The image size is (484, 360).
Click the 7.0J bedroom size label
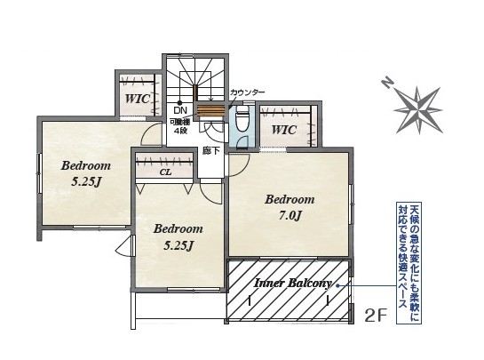click(x=290, y=215)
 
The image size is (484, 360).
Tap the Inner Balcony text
click(x=293, y=283)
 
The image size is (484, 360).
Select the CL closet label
click(x=165, y=172)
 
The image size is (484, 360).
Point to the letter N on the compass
click(x=387, y=83)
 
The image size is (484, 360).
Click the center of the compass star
click(x=418, y=109)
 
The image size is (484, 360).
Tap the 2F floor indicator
click(x=376, y=316)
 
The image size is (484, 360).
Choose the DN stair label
click(x=180, y=110)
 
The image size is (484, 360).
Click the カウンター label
click(x=248, y=92)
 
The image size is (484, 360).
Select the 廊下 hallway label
click(x=211, y=151)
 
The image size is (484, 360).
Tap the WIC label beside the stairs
click(x=138, y=99)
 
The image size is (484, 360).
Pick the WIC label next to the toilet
click(x=284, y=130)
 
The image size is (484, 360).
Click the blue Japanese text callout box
click(x=409, y=263)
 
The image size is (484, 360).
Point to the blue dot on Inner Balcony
click(x=338, y=286)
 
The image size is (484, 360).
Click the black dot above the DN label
click(x=179, y=103)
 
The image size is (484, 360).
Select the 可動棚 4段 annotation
click(x=179, y=126)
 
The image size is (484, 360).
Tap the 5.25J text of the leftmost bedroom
click(x=86, y=182)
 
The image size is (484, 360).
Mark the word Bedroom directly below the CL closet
click(x=179, y=229)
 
